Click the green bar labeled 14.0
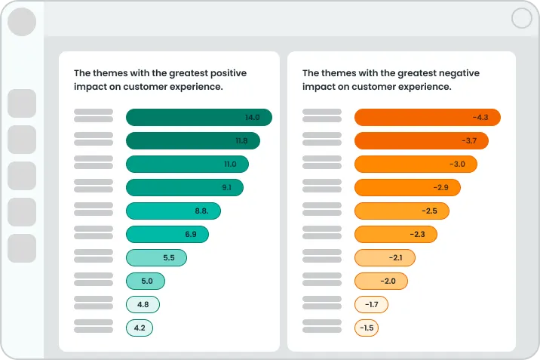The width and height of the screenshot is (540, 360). click(x=198, y=117)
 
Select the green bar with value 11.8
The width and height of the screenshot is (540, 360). click(x=192, y=140)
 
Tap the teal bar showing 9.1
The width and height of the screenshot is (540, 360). click(x=184, y=187)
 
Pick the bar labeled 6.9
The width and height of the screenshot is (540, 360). click(x=167, y=234)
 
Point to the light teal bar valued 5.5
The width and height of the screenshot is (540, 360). click(x=156, y=257)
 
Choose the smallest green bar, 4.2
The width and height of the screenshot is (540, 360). click(x=140, y=328)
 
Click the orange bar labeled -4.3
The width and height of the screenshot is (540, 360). click(x=427, y=117)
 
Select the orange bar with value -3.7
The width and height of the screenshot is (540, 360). click(x=421, y=140)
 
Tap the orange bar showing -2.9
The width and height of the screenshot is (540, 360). click(x=407, y=187)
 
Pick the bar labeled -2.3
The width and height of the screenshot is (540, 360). click(x=395, y=234)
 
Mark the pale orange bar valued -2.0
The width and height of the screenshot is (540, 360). click(x=381, y=281)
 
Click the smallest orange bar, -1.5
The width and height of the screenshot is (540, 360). click(x=367, y=328)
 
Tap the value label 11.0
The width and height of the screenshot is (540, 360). click(x=230, y=164)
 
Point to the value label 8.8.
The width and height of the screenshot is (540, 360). click(x=201, y=211)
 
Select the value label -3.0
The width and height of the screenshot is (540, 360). click(x=457, y=164)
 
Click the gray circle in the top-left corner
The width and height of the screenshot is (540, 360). click(x=22, y=22)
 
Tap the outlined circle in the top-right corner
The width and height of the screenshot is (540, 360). click(x=521, y=18)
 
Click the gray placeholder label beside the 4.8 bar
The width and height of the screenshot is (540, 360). click(x=94, y=304)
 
